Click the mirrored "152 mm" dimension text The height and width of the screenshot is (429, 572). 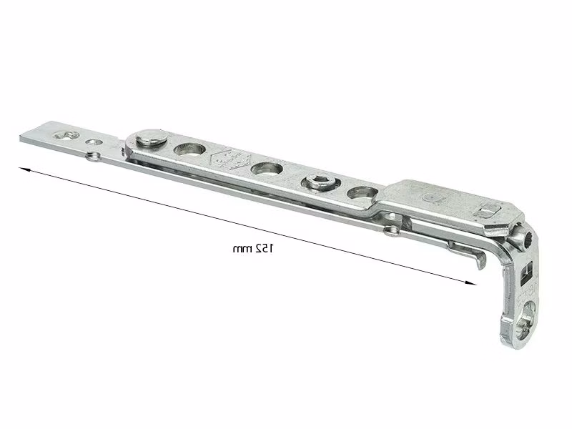(x=253, y=249)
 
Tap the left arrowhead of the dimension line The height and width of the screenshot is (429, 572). (x=24, y=169)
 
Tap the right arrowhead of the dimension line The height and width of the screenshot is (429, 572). (x=471, y=282)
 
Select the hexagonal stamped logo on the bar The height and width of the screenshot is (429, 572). (x=230, y=159)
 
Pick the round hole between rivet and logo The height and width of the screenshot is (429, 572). (x=189, y=149)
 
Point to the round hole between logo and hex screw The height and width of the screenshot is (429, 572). (x=267, y=168)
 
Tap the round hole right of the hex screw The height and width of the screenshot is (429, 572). (x=363, y=192)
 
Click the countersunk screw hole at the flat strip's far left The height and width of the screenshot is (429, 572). (x=66, y=136)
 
